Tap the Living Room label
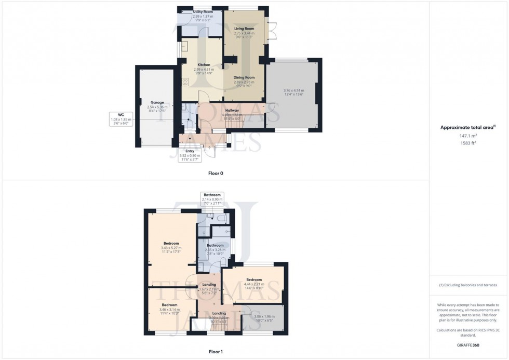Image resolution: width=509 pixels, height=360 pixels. [x=242, y=29]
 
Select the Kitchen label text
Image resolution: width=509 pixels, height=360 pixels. [x=204, y=65]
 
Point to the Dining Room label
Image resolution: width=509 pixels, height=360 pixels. [x=244, y=77]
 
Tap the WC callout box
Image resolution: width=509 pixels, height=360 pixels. [x=122, y=119]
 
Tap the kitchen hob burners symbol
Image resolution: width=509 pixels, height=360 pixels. [x=185, y=82]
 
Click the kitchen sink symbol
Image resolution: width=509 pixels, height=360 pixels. [x=184, y=47]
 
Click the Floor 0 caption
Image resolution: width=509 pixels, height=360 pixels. [x=215, y=173]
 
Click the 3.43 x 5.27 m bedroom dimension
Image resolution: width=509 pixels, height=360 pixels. [x=171, y=248]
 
